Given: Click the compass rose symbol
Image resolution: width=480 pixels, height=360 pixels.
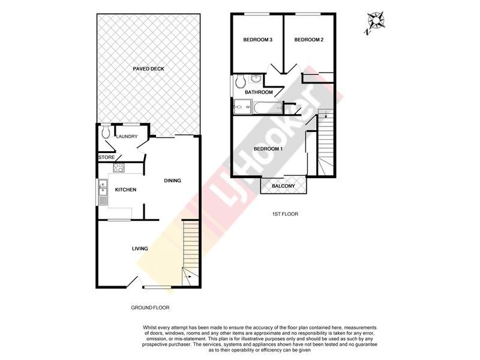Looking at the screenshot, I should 376,22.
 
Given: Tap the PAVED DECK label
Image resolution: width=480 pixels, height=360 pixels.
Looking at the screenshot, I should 148,69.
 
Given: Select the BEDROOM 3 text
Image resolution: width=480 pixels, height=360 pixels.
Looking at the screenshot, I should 258,40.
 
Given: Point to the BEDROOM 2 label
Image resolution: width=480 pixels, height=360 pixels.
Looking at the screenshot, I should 309,40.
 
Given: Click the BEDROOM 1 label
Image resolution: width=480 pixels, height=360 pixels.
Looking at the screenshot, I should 268,149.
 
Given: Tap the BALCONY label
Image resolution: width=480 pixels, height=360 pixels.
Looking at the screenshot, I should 283,187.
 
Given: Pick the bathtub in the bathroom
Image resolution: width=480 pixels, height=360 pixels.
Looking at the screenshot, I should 268,109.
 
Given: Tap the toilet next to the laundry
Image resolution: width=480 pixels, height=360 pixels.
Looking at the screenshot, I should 105,131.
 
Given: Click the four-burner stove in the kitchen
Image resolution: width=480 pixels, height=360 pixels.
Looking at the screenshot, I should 119,169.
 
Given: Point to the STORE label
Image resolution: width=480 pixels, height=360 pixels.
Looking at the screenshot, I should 106,158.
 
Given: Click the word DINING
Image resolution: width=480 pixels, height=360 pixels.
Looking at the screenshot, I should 173,181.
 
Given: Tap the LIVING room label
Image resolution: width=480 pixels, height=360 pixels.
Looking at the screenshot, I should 140,248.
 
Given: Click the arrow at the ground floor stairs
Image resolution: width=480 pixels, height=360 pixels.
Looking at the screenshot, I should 187,277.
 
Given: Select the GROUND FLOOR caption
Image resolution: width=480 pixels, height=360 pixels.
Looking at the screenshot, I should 151,307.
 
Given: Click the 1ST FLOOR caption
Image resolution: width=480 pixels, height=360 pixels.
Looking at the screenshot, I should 285,214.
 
